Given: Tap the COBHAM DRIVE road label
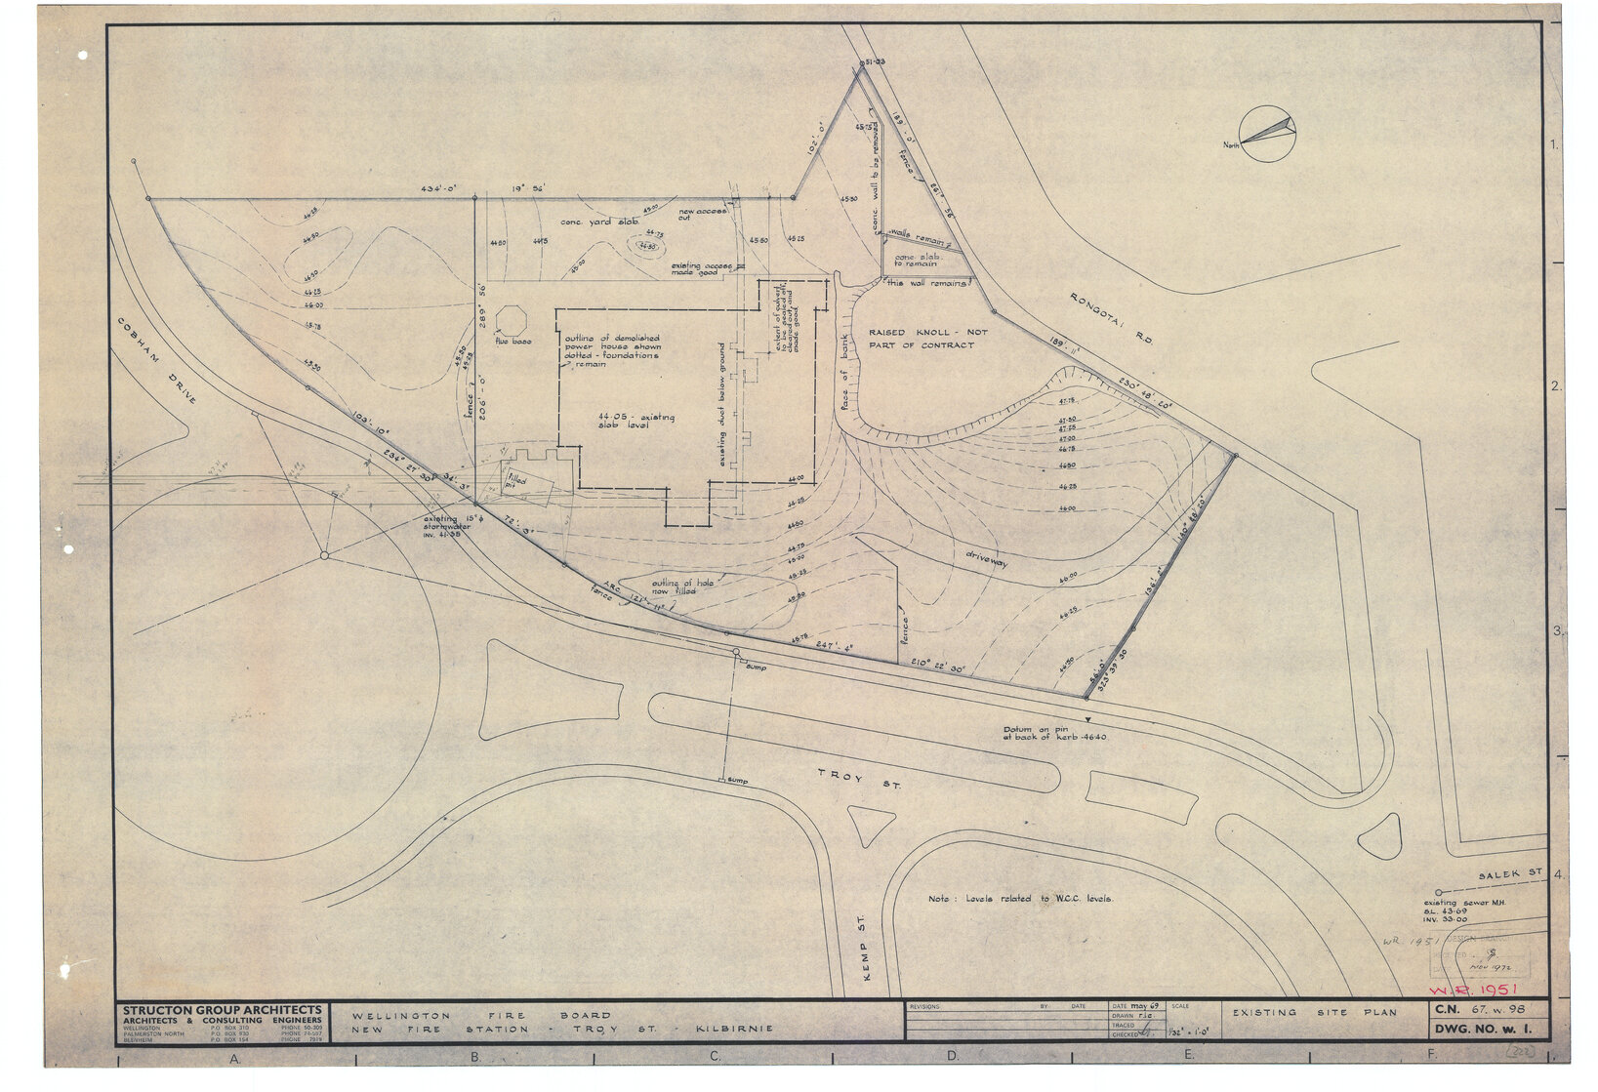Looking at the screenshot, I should click(x=157, y=360).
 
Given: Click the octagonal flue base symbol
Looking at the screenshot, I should click(x=512, y=320).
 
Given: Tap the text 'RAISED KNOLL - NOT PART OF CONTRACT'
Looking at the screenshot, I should click(x=927, y=339).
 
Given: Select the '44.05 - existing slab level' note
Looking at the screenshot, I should click(x=635, y=422).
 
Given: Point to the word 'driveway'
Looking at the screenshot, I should click(x=986, y=561).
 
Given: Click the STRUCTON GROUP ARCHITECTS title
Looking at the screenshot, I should click(x=222, y=1010).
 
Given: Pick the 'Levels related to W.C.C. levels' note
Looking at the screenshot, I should click(x=1020, y=899).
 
